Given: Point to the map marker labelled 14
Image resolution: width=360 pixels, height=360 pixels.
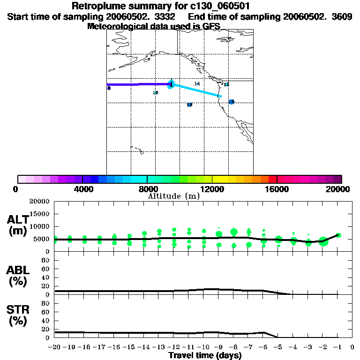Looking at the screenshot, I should [x=197, y=83].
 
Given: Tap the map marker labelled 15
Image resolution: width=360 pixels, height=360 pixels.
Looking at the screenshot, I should [x=226, y=84].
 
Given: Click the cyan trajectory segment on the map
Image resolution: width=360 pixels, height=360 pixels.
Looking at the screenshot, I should [x=197, y=90].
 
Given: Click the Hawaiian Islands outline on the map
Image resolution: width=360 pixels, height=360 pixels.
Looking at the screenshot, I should [x=136, y=150].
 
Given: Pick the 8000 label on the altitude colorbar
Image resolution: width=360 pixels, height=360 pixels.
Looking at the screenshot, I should [x=147, y=189].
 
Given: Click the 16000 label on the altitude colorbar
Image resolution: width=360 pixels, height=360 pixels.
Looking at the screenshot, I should [x=277, y=189].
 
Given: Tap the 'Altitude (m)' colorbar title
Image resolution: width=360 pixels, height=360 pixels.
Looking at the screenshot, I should [x=173, y=196].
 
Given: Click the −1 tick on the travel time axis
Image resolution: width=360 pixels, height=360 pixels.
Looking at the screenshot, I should [x=337, y=348].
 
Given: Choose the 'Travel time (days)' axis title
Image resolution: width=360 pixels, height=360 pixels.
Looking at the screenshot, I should [x=205, y=355].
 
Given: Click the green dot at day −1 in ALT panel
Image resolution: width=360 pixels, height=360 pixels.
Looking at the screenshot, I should [x=338, y=235].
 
